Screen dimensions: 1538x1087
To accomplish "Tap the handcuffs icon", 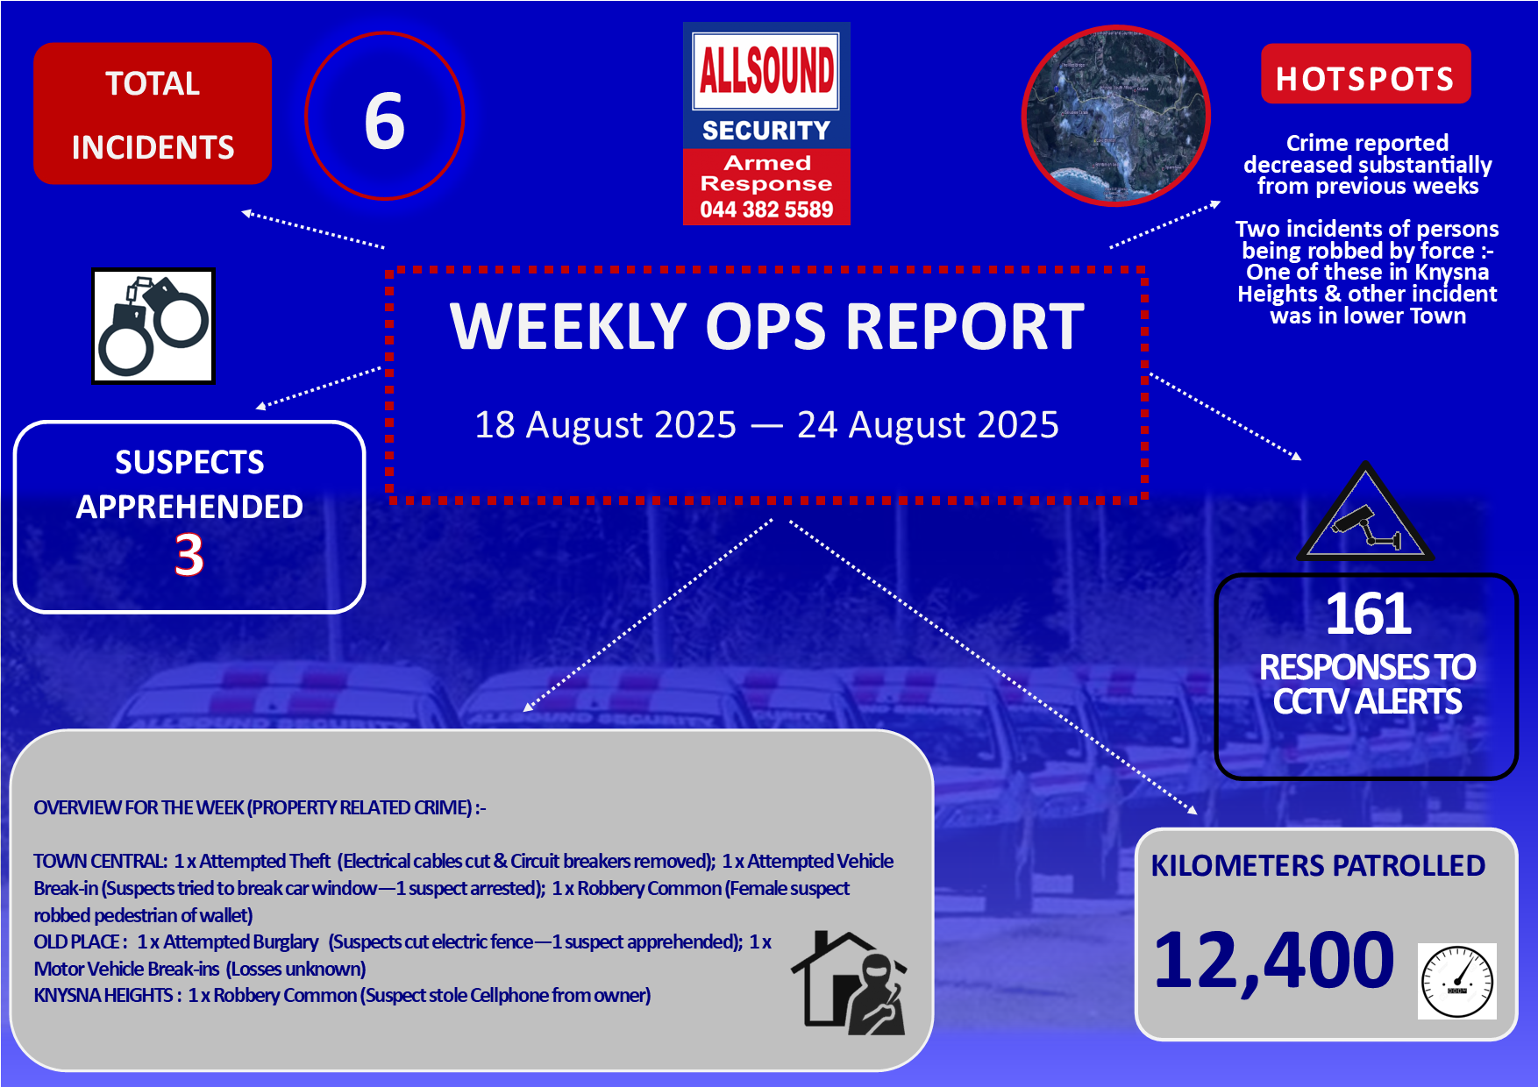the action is coord(153,326).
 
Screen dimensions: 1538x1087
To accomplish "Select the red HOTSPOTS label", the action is coord(1365,75).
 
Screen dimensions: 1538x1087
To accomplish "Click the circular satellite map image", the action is coord(1116,116).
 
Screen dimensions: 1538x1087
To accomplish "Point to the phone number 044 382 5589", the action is coord(766,210).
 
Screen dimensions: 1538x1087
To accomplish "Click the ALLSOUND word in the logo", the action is coord(766,70).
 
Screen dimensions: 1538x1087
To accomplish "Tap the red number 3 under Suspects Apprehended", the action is coord(189,555).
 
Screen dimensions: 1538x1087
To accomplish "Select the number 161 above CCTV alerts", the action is coord(1367,614).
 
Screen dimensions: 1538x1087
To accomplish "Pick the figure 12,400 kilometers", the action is coord(1274,961).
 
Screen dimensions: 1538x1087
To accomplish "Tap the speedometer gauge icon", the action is coord(1456,981).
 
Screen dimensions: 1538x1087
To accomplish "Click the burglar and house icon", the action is coord(849,982).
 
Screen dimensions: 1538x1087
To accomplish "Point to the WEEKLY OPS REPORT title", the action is coord(767,327).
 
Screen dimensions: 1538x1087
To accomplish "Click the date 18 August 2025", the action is coord(605,425).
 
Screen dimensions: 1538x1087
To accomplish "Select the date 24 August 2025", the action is coord(928,425).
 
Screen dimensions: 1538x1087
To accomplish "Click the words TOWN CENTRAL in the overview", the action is coord(100,862).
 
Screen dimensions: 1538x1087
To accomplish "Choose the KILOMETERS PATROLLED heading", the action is coord(1318,865).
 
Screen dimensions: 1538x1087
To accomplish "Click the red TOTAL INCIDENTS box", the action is coord(153,114).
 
